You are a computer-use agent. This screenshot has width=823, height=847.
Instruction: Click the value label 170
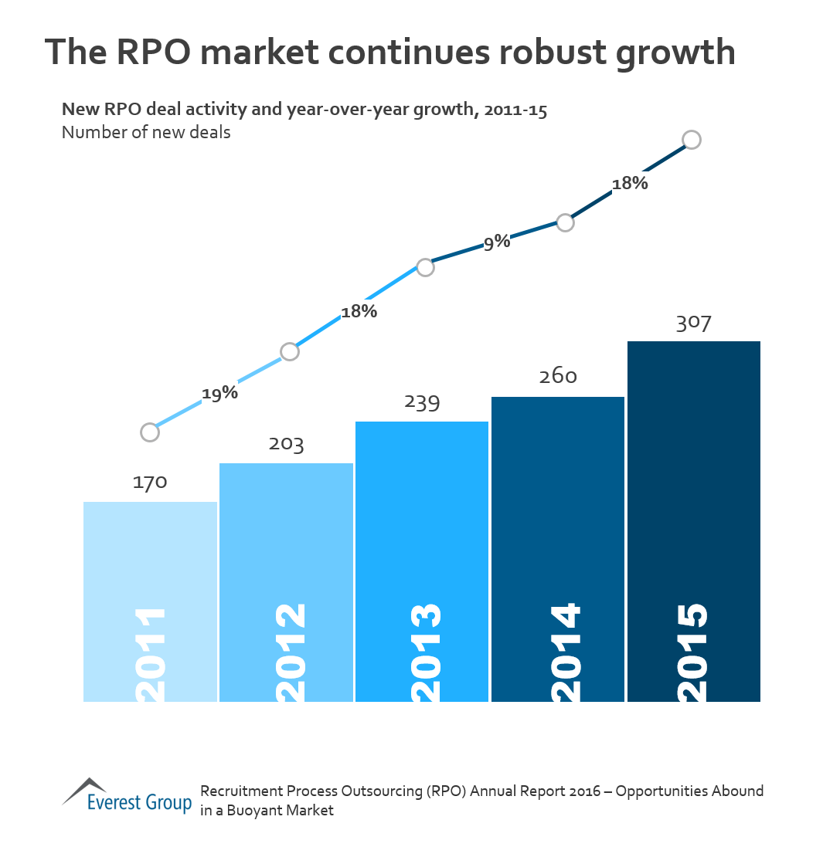pos(150,483)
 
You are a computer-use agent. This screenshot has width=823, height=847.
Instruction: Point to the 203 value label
pos(286,445)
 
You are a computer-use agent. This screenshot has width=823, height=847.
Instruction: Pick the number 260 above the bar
pos(558,377)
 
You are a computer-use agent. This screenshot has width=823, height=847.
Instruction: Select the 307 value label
pos(694,324)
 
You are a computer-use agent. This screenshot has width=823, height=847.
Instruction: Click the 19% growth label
pos(219,393)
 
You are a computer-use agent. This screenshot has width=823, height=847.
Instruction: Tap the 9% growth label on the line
pos(498,242)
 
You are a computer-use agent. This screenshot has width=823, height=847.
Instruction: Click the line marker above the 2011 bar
pos(150,432)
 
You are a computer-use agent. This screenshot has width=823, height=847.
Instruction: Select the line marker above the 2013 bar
pos(425,267)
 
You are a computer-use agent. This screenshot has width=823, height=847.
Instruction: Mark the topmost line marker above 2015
pos(692,140)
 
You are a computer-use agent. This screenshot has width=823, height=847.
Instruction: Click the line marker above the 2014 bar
pos(565,222)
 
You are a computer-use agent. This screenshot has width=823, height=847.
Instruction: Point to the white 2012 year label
pos(285,652)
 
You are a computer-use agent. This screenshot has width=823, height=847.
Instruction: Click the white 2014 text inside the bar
pos(557,652)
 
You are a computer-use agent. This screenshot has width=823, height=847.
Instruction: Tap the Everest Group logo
pos(127,795)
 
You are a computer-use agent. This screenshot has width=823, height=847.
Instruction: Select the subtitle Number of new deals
pos(146,132)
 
